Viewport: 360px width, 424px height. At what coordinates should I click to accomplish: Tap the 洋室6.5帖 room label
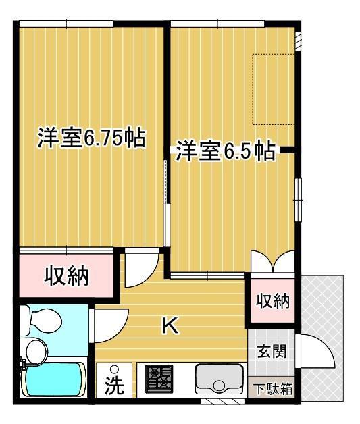point(226,151)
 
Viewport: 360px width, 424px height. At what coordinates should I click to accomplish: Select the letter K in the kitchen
point(170,325)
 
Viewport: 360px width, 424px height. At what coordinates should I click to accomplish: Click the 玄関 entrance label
point(272,352)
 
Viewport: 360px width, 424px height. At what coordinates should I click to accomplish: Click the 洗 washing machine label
point(114,385)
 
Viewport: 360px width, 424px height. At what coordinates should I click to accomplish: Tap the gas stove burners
point(159,379)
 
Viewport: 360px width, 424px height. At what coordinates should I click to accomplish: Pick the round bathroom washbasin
point(36,351)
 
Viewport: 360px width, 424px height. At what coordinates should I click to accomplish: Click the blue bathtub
point(53,379)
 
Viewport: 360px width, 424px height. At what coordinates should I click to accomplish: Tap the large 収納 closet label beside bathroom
point(66,276)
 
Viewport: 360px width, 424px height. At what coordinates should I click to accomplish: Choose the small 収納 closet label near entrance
point(273,300)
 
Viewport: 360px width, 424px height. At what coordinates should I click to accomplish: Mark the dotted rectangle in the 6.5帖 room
point(273,89)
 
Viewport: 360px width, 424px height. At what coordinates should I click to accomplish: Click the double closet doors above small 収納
point(273,262)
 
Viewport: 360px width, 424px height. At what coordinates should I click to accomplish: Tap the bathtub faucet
point(22,364)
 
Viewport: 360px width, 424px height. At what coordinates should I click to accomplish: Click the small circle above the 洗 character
point(115,369)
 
